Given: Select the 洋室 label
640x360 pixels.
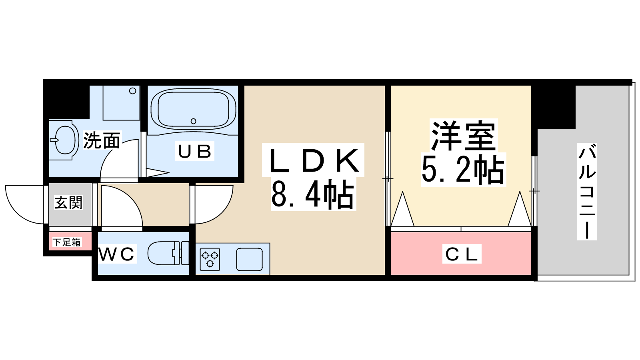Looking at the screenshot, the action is pyautogui.click(x=463, y=136).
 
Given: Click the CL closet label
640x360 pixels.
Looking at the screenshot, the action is pyautogui.click(x=462, y=254).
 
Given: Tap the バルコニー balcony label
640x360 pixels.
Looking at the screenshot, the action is pyautogui.click(x=587, y=192).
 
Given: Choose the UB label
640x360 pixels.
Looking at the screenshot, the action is pyautogui.click(x=194, y=151).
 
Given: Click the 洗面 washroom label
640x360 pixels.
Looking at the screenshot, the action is pyautogui.click(x=102, y=140).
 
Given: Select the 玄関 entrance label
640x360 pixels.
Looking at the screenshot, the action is pyautogui.click(x=68, y=202).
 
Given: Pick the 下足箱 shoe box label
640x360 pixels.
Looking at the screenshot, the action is pyautogui.click(x=67, y=242).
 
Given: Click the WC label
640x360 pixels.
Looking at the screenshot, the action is pyautogui.click(x=116, y=254).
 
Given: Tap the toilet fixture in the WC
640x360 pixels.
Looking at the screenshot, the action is pyautogui.click(x=168, y=253).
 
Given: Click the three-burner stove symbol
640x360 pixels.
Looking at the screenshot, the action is pyautogui.click(x=210, y=259).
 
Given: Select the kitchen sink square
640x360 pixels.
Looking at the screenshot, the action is pyautogui.click(x=250, y=259).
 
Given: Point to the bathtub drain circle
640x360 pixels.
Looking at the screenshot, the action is pyautogui.click(x=194, y=121).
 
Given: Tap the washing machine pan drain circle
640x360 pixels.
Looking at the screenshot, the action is pyautogui.click(x=132, y=91).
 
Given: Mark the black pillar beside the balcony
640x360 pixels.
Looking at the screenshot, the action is pyautogui.click(x=553, y=107).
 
